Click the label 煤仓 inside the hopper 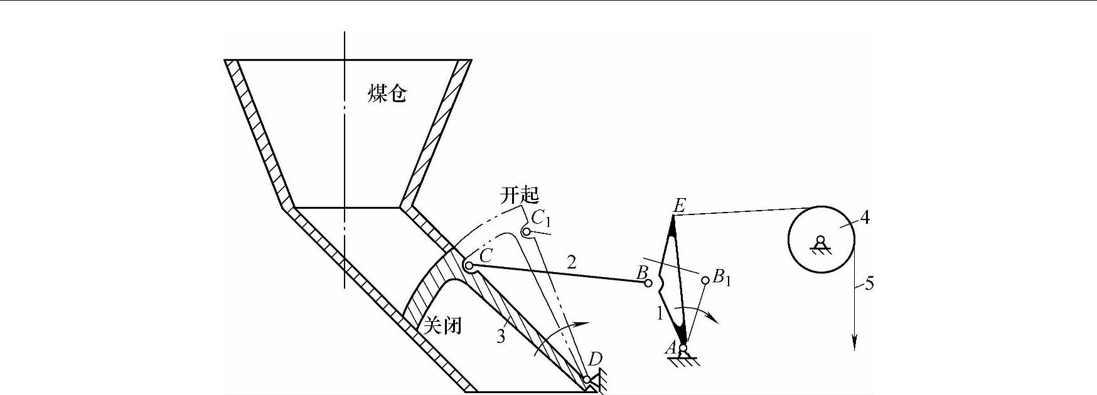[387, 95]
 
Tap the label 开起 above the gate [519, 195]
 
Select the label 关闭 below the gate [443, 325]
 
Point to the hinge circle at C [469, 265]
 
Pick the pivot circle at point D [587, 380]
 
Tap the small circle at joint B [648, 283]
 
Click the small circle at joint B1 [705, 280]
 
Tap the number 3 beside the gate [501, 337]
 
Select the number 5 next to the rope [869, 283]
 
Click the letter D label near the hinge [595, 359]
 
